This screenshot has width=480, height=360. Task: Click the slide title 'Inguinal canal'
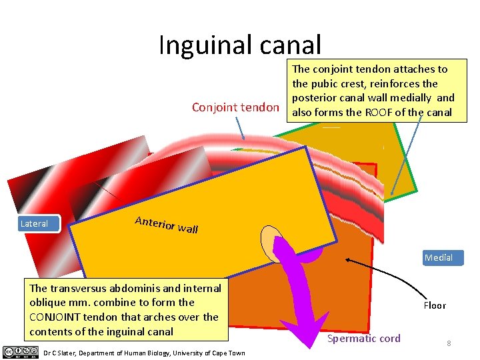[x=240, y=45]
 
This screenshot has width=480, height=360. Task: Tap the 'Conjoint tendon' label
[x=235, y=107]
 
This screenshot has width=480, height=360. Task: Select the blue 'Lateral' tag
[x=34, y=224]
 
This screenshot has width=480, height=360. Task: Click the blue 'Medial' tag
[x=439, y=257]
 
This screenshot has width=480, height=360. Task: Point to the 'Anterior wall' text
[x=167, y=225]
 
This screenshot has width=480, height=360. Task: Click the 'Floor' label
[x=435, y=305]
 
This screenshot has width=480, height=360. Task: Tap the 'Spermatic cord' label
[x=364, y=339]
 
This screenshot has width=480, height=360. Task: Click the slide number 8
[x=449, y=343]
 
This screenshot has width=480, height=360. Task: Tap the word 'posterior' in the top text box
[x=316, y=98]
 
